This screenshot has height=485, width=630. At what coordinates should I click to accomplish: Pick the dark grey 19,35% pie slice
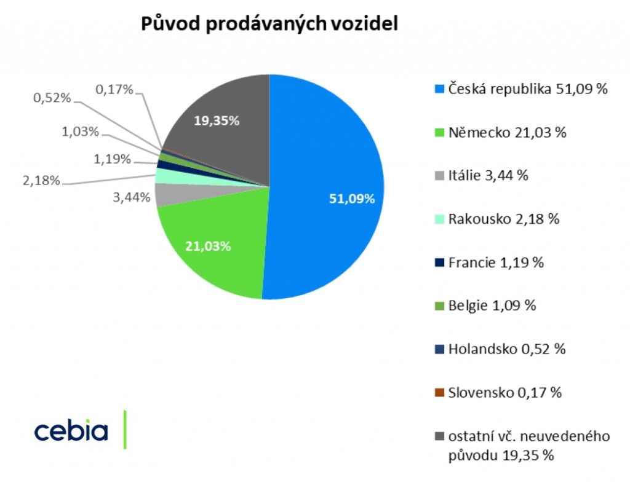[221, 129]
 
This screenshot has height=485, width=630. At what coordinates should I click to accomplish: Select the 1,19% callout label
[113, 159]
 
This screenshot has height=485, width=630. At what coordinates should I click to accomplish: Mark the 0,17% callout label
[115, 90]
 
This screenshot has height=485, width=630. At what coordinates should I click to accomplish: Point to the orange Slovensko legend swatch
[439, 393]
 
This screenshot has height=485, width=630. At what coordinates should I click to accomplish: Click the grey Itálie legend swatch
[439, 176]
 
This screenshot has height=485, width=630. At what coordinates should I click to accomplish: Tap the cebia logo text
[71, 431]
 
